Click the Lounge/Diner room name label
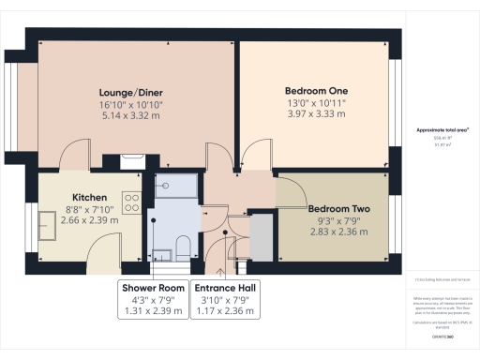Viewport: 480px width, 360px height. tap(131, 92)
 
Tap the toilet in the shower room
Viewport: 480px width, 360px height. tap(184, 247)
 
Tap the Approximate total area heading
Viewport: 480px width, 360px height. tap(441, 131)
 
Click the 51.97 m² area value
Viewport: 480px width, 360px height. tap(441, 145)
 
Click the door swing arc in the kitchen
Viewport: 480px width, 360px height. tap(100, 251)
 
